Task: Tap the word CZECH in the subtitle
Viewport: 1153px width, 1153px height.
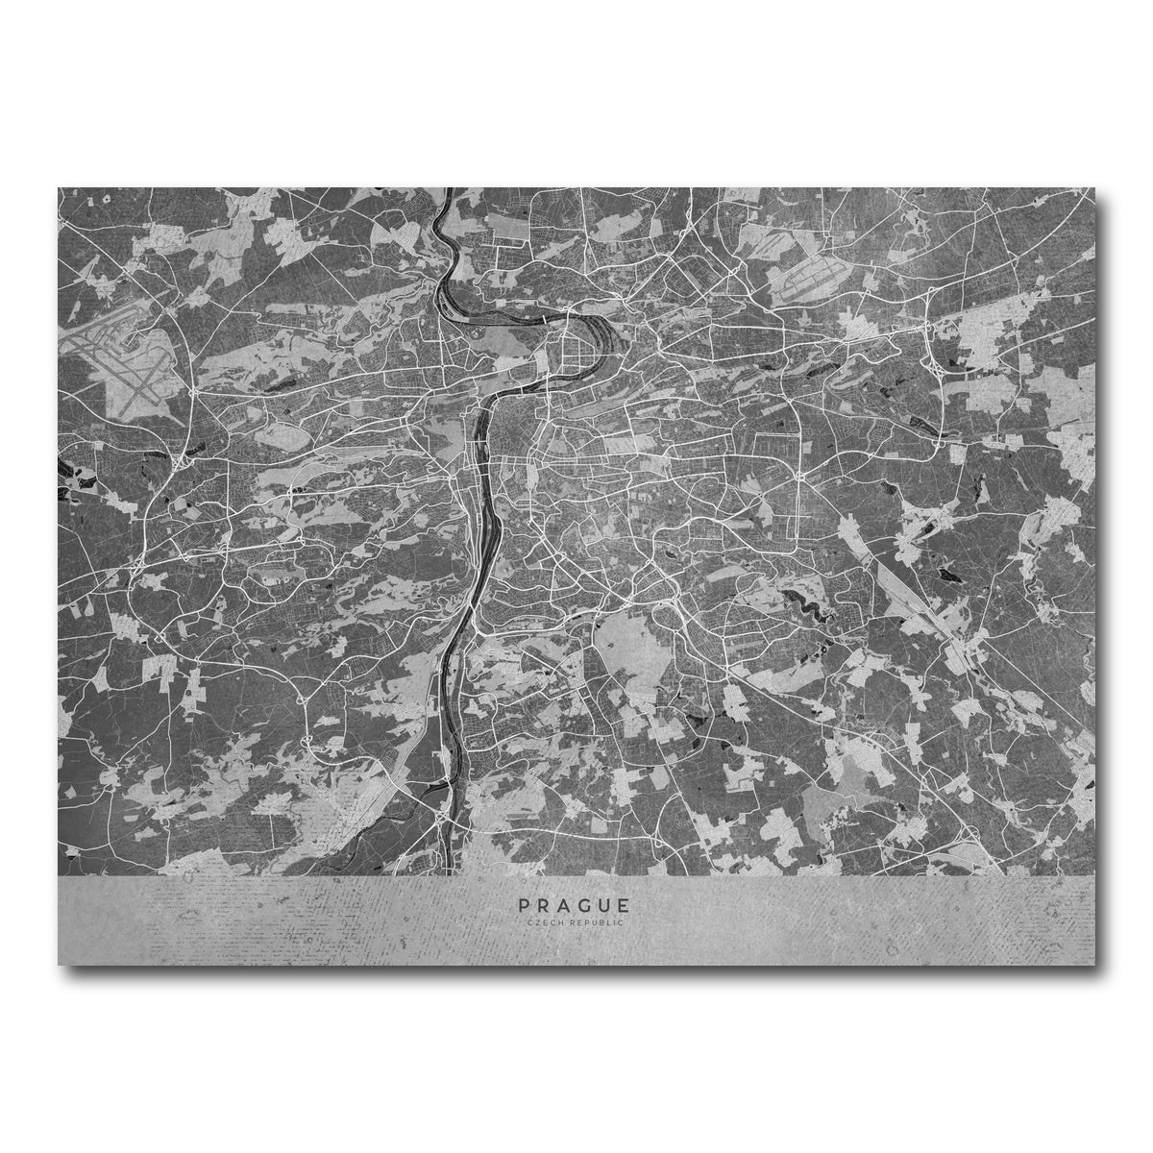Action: (x=546, y=922)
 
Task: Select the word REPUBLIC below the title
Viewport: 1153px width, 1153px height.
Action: (x=597, y=922)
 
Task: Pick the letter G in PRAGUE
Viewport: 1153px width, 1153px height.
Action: (x=583, y=905)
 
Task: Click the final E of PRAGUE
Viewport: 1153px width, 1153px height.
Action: (x=626, y=905)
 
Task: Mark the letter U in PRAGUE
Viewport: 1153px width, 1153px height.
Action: (x=604, y=905)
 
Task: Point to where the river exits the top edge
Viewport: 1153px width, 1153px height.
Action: (x=448, y=190)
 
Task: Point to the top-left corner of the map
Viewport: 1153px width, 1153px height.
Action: (x=59, y=188)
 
